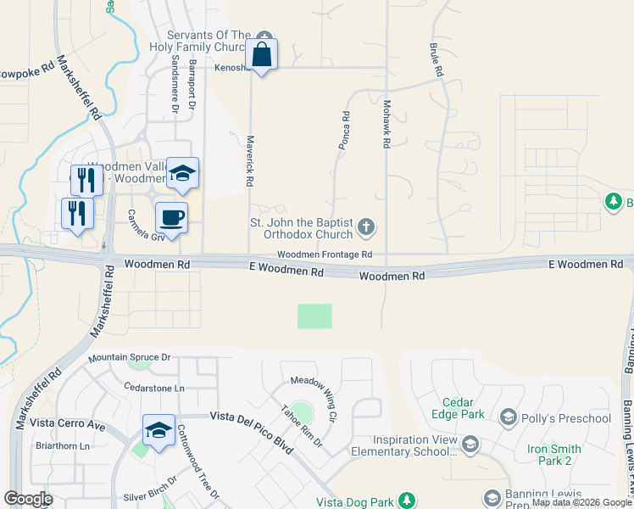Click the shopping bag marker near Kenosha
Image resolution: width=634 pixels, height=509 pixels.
click(261, 54)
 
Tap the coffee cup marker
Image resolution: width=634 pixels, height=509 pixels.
click(171, 218)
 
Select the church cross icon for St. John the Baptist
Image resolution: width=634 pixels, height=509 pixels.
click(366, 227)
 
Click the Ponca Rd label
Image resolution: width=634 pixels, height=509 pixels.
click(345, 131)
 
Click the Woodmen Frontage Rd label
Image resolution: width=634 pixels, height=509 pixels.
click(325, 255)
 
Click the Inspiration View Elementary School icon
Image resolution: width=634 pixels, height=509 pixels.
click(470, 444)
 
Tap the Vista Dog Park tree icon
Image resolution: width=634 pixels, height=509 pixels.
click(407, 501)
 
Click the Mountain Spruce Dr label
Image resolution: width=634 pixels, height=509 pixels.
click(130, 359)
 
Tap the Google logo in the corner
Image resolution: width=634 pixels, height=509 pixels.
click(28, 499)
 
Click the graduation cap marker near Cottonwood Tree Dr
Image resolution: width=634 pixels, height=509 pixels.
click(158, 430)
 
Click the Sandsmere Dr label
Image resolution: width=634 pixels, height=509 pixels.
click(175, 85)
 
